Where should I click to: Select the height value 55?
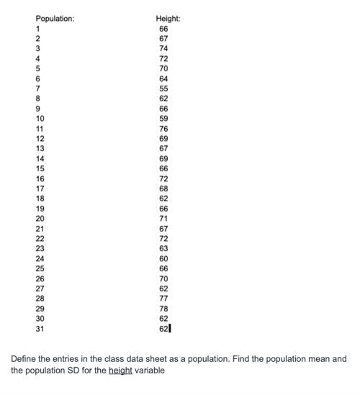coord(163,88)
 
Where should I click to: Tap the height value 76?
coord(163,128)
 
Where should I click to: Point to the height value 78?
coord(163,307)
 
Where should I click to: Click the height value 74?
coord(163,49)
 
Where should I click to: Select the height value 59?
coord(163,118)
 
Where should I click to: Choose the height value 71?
coord(163,217)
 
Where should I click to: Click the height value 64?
coord(163,78)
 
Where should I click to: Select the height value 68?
coord(163,188)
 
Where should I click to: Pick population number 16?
coord(40,178)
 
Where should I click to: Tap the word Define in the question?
coord(24,358)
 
